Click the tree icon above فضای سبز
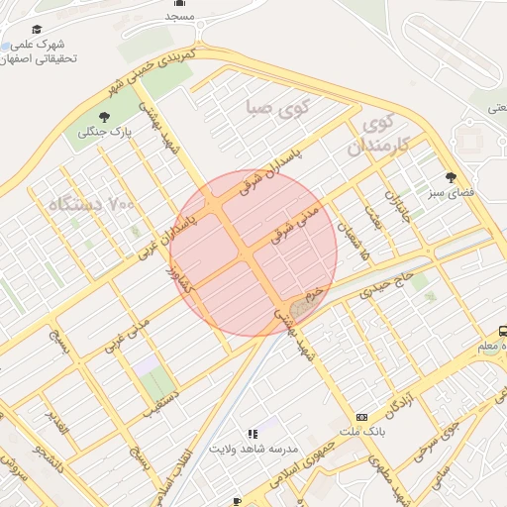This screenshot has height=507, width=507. click(452, 178)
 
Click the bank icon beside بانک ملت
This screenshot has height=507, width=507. click(361, 418)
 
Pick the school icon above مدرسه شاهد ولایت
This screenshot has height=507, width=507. click(253, 434)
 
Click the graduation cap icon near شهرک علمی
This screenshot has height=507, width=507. click(38, 31)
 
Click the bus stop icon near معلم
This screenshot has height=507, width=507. click(503, 332)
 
